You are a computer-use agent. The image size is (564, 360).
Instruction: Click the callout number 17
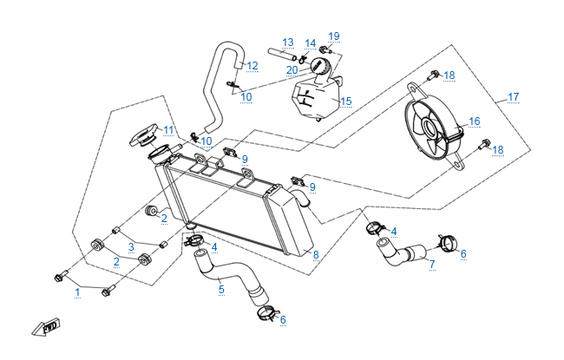pos(513,96)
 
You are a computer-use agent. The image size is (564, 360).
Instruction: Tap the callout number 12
pos(252,66)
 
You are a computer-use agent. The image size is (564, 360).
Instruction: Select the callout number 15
pos(345,101)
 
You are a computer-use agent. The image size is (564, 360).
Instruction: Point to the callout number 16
pos(474,121)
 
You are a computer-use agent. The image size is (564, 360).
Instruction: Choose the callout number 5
pos(221,290)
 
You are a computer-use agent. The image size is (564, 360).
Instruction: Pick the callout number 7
pos(432,263)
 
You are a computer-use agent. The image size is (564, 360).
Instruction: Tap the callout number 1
pos(77,292)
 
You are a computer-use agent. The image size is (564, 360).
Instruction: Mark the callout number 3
pos(132,246)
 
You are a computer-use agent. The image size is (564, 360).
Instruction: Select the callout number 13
pos(288,43)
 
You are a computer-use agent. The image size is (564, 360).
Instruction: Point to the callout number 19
pos(334,36)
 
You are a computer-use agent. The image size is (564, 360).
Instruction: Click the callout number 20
pos(292,69)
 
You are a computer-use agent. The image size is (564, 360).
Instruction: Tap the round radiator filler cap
pos(144,138)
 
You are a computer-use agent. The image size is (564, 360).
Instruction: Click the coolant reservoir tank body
pos(312,100)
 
